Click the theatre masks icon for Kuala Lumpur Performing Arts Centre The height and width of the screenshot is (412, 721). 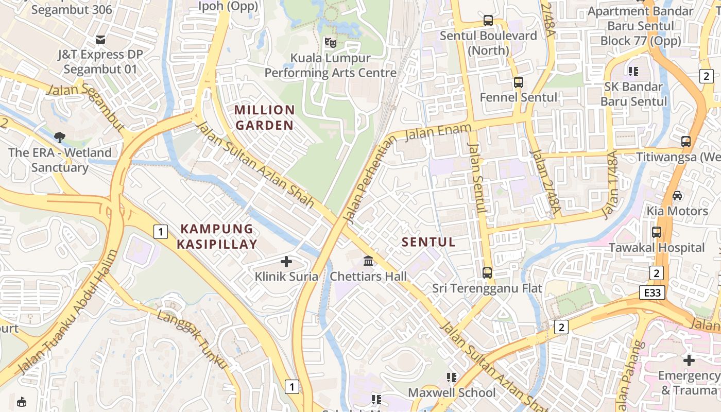coord(330,42)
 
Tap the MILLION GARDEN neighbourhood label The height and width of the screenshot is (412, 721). coord(264,117)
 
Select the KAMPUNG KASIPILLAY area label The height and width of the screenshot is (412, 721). coord(217,236)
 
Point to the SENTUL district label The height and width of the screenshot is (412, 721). coord(428,242)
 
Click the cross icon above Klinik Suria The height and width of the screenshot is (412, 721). coord(286,262)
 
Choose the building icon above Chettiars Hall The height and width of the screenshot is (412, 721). coord(368,261)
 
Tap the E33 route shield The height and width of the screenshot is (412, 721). coord(653,293)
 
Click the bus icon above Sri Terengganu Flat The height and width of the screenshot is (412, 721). coord(487,272)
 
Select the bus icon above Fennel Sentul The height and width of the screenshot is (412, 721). coord(519,82)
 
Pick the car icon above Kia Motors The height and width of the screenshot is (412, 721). coord(677,196)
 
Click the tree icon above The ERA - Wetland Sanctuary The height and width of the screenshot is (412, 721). coord(60,137)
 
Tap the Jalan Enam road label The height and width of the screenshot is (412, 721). coord(438,132)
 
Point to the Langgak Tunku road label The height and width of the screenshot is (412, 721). coord(192,338)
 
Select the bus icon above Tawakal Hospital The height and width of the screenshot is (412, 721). coord(657,232)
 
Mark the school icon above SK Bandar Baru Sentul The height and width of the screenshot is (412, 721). coord(633,71)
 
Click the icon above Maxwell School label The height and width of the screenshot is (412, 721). coord(452,377)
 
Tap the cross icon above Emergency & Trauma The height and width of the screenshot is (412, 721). coord(689,360)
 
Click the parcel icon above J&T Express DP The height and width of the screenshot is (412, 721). coord(100,39)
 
